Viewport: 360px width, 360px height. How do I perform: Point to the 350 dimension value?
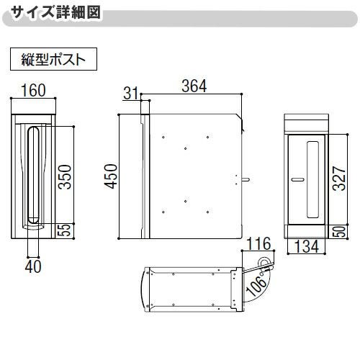[x=64, y=175]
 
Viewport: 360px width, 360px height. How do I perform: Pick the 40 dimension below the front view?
[x=33, y=265]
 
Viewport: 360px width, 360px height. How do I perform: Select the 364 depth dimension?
[x=194, y=86]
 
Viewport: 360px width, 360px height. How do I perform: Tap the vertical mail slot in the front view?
[x=32, y=176]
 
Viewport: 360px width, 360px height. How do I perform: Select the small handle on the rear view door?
[x=296, y=177]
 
